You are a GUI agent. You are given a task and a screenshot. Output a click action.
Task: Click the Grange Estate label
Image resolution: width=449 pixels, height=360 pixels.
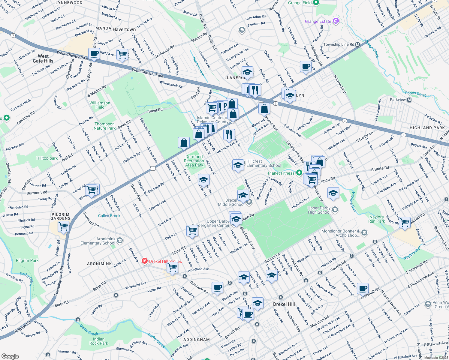point(318,21)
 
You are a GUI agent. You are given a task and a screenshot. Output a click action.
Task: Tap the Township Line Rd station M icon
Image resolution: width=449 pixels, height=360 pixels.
point(357,44)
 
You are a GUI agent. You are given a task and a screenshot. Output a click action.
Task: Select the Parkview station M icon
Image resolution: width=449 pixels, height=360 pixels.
point(409,100)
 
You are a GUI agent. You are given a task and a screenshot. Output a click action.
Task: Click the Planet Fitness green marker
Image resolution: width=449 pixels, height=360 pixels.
point(299,173)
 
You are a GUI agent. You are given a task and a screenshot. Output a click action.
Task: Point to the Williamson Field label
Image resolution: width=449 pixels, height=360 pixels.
point(100,105)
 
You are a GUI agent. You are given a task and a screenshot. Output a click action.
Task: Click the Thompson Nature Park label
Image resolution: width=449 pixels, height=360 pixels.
point(104,126)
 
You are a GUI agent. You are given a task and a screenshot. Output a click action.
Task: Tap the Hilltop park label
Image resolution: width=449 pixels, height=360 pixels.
point(47,158)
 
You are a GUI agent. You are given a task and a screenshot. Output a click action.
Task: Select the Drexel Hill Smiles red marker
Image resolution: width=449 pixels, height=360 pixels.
point(145,261)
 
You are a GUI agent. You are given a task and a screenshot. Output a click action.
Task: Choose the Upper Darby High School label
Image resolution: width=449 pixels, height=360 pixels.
point(319,210)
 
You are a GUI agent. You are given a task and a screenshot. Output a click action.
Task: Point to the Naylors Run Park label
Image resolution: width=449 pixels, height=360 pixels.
point(376,219)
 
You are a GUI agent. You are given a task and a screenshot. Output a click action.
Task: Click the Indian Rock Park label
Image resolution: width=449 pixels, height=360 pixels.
point(98,341)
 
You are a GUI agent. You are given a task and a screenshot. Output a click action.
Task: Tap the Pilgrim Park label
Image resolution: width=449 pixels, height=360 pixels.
point(27,260)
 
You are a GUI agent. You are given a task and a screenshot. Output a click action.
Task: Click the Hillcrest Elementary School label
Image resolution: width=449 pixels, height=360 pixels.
point(264,163)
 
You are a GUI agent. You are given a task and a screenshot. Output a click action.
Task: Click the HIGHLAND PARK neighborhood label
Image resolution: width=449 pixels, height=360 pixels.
point(427,128)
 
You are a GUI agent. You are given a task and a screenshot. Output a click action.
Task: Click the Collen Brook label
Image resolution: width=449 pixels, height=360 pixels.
point(109,216)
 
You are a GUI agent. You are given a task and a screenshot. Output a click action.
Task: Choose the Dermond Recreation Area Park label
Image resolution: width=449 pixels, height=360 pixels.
point(194,161)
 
